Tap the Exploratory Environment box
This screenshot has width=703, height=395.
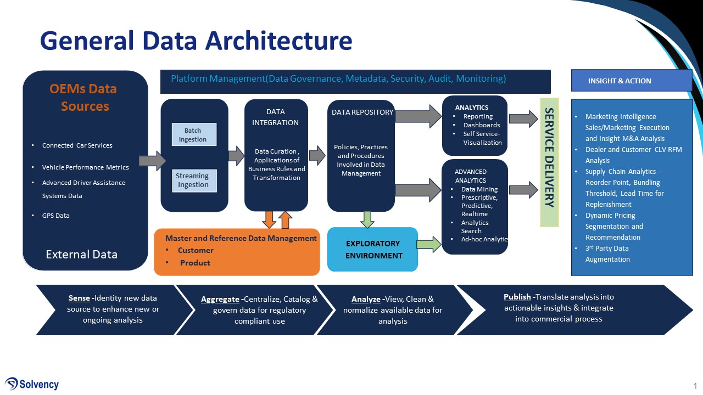click(x=373, y=250)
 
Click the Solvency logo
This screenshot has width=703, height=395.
click(x=32, y=384)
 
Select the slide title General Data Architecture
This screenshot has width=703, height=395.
click(x=196, y=41)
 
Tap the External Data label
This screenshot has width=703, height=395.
click(x=81, y=254)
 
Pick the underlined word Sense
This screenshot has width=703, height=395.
click(x=79, y=298)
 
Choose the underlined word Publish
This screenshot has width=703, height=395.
click(x=517, y=297)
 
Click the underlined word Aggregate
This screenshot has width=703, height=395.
click(x=220, y=299)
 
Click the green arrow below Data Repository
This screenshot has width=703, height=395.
click(x=367, y=219)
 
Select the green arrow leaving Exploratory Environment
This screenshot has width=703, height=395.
click(x=429, y=243)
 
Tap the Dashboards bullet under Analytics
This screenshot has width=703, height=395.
click(x=482, y=125)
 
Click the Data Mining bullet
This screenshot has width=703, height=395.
click(x=479, y=189)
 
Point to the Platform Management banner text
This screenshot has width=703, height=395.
click(x=338, y=78)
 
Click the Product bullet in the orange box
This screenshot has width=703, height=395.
click(x=195, y=263)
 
